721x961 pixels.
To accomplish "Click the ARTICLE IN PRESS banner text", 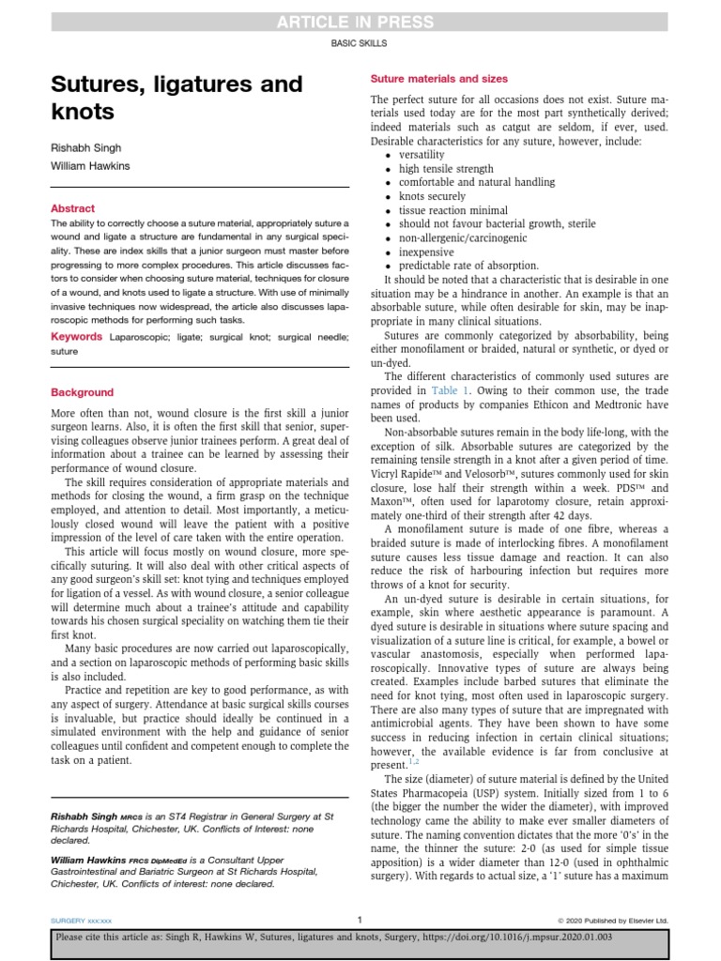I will click(x=360, y=23).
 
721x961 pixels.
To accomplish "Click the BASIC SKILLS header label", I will click(x=360, y=43).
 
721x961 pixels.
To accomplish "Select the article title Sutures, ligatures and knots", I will click(x=176, y=98).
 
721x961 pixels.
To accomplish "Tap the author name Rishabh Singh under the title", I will click(x=86, y=148).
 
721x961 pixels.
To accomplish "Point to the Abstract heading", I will click(x=72, y=208).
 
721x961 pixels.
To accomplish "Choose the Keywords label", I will click(x=76, y=335).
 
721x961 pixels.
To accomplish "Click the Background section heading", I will click(x=82, y=392).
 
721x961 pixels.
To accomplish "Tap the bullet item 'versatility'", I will click(x=422, y=155).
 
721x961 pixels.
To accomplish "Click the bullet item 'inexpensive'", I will click(x=426, y=252).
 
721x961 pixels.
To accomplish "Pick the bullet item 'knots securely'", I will click(x=432, y=197).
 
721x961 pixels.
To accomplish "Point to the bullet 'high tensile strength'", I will click(x=446, y=169).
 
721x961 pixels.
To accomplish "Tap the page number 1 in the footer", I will click(x=360, y=919).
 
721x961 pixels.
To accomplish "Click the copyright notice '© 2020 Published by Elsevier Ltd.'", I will click(x=613, y=920).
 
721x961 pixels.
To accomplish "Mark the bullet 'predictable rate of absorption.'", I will click(x=468, y=267).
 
